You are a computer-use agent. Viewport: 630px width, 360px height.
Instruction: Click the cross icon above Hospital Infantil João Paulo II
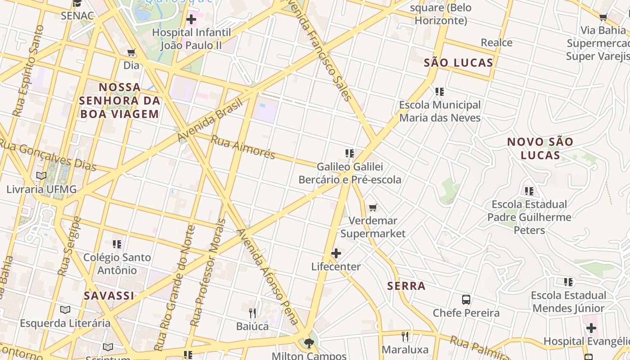point(191,19)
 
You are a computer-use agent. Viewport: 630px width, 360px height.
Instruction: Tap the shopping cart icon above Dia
point(131,53)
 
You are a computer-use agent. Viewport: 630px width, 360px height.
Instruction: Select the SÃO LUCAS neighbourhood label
point(459,63)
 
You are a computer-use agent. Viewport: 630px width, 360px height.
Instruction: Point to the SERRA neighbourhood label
point(406,286)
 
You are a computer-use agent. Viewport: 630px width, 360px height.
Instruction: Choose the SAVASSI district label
point(109,296)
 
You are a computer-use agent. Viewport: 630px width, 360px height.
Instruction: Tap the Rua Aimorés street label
point(243,147)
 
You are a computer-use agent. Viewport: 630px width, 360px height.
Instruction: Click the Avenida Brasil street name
point(210,119)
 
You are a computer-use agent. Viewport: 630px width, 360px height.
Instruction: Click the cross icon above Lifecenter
point(336,254)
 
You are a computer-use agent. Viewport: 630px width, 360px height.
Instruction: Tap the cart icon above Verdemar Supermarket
point(373,208)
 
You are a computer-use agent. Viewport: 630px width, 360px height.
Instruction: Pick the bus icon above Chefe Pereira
point(466,300)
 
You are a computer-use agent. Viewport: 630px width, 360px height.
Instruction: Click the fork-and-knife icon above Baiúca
point(252,313)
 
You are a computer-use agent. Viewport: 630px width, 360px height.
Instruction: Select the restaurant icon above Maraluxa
point(405,337)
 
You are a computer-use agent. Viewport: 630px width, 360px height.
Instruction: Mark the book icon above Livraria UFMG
point(41,176)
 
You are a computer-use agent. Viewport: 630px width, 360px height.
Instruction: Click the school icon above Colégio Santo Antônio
point(117,244)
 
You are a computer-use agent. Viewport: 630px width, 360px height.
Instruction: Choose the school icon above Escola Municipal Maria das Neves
point(440,92)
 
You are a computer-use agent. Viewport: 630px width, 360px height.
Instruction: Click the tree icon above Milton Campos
point(309,344)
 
